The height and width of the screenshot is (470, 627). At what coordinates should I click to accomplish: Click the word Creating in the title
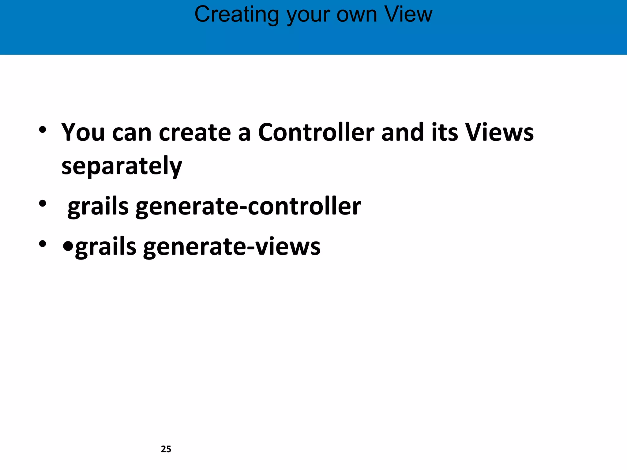click(x=237, y=15)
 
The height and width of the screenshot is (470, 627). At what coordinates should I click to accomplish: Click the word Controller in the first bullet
click(x=316, y=132)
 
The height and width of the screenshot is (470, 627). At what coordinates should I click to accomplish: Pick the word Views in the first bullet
click(x=499, y=132)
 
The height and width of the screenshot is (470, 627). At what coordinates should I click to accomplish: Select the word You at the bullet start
click(x=83, y=132)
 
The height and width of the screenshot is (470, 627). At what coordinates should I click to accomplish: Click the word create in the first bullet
click(x=195, y=132)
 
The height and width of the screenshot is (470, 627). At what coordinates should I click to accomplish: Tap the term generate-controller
click(x=248, y=207)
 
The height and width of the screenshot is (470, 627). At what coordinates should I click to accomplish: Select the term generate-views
click(x=232, y=247)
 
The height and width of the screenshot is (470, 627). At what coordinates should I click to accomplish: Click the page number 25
click(x=166, y=449)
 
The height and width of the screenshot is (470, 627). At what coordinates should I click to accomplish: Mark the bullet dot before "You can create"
click(x=43, y=130)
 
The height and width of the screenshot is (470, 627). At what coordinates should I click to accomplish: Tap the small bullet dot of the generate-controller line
click(x=43, y=203)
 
